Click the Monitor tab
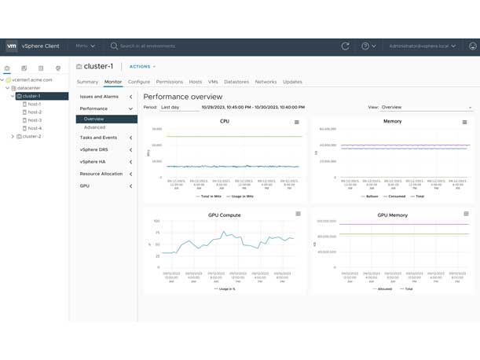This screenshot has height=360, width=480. [113, 82]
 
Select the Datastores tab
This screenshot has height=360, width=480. [236, 82]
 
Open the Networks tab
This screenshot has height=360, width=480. [266, 82]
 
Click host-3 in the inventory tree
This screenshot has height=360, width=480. [35, 120]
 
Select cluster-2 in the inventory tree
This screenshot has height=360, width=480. [31, 137]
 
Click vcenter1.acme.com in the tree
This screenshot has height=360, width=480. [32, 79]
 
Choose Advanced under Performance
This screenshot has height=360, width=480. [94, 127]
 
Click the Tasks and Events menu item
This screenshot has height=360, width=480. [98, 138]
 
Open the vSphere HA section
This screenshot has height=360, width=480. [93, 161]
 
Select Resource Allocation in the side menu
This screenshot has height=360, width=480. [101, 174]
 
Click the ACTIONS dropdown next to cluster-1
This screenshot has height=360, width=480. [142, 67]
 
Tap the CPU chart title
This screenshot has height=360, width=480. [225, 122]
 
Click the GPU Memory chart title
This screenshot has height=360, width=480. [392, 215]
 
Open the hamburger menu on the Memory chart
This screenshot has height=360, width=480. [465, 122]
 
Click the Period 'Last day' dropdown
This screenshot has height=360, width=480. [179, 107]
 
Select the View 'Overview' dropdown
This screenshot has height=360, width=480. [426, 107]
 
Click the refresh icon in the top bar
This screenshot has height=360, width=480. [345, 46]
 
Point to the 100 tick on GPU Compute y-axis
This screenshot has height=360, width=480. [156, 221]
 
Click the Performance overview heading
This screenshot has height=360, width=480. [183, 96]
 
